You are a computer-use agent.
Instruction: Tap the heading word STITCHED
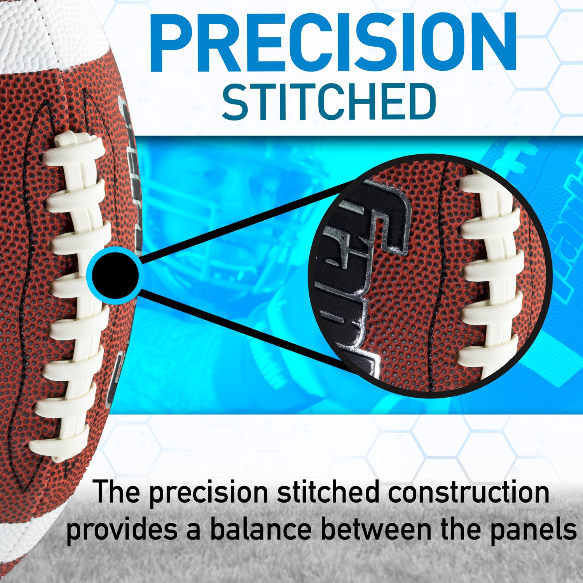coord(329,102)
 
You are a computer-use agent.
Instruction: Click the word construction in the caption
coord(468,492)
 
